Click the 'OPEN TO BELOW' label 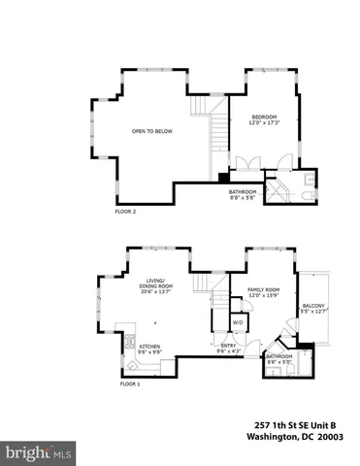click(151, 131)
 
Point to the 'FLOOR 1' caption click(130, 384)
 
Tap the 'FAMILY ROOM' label click(264, 290)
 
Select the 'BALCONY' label click(313, 306)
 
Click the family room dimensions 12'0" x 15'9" click(264, 297)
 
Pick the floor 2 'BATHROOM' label click(243, 191)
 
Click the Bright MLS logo click(39, 452)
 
